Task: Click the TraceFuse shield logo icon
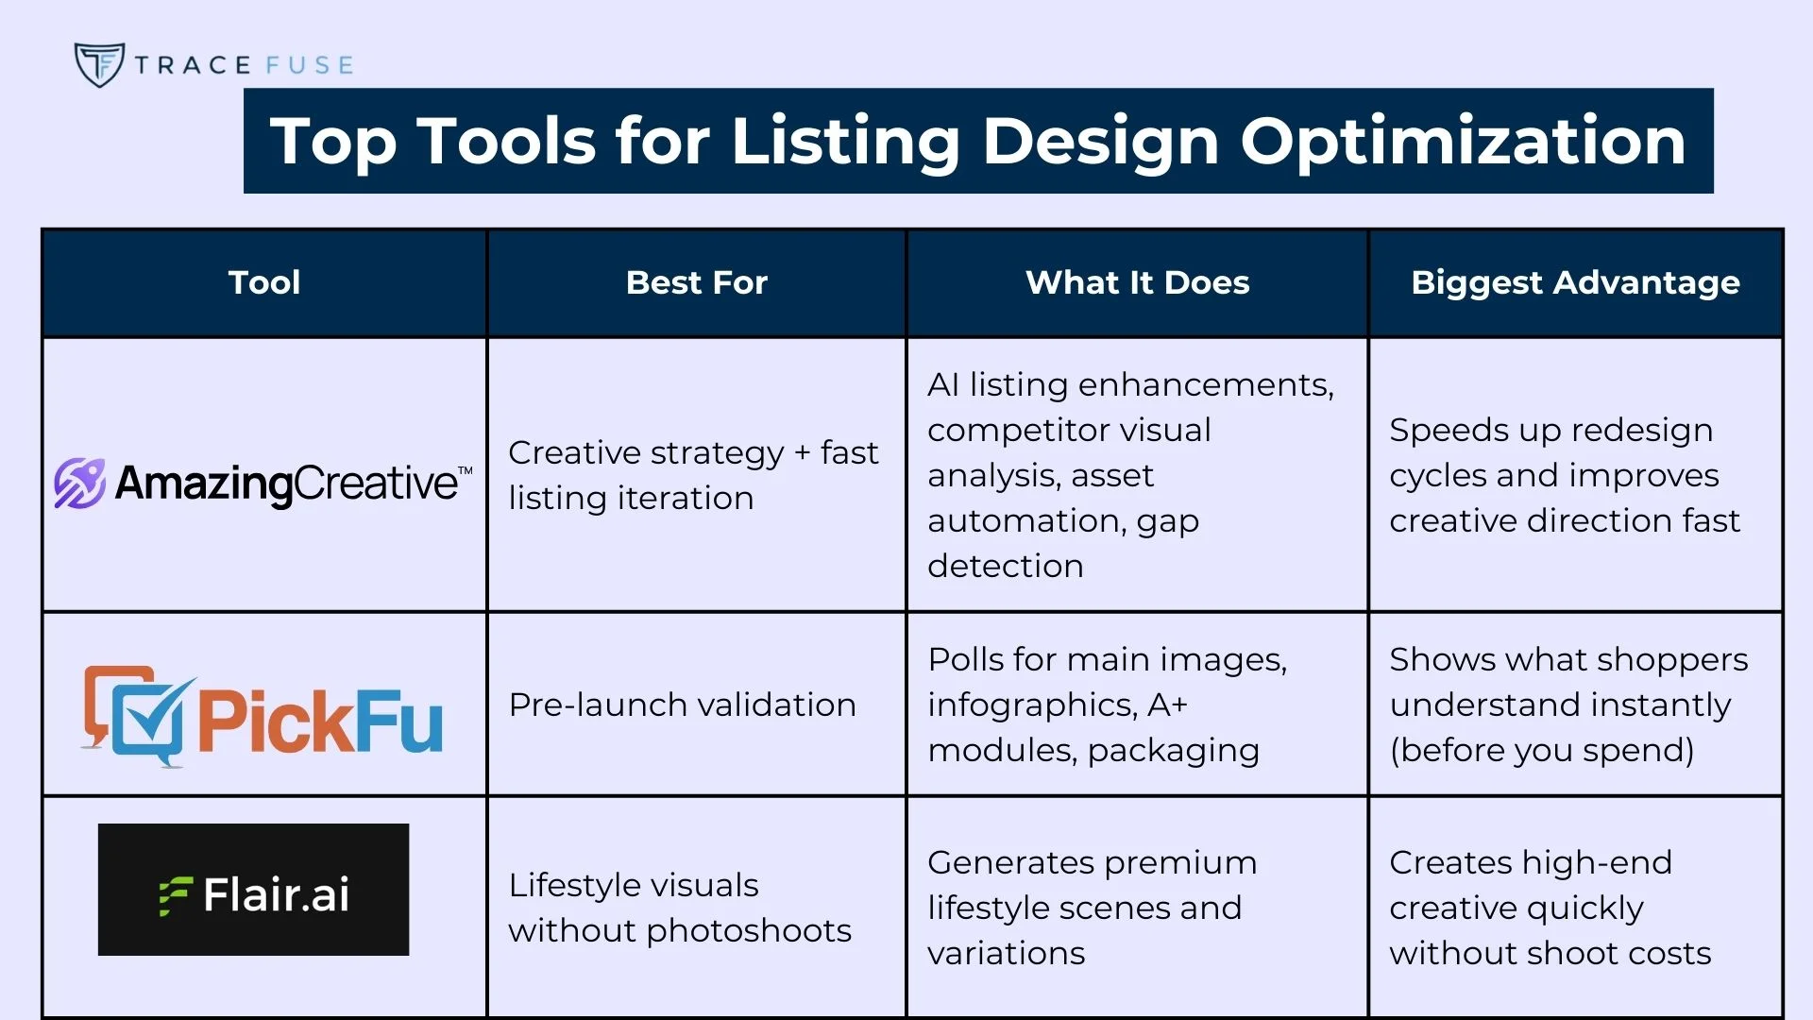click(99, 64)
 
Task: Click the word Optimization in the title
click(1463, 143)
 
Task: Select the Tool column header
click(264, 282)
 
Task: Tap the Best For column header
click(697, 282)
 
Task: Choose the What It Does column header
click(1137, 282)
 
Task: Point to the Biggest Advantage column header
click(1575, 283)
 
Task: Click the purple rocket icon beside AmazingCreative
click(79, 484)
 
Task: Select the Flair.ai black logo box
click(253, 890)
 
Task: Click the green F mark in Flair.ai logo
click(176, 896)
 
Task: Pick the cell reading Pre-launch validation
click(682, 705)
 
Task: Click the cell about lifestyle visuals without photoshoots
click(680, 908)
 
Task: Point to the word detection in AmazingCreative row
click(1006, 566)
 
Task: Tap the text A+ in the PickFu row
click(1168, 705)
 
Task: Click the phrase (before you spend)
click(1542, 751)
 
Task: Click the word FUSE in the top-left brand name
click(309, 65)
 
